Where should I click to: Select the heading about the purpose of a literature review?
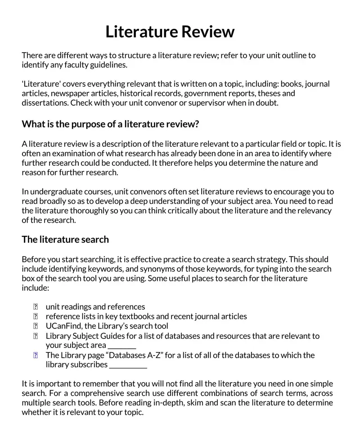pos(110,124)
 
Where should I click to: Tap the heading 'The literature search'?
pos(65,239)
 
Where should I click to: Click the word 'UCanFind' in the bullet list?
pos(64,326)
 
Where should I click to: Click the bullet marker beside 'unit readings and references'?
pos(36,307)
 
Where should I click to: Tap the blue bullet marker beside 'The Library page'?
pos(36,355)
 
